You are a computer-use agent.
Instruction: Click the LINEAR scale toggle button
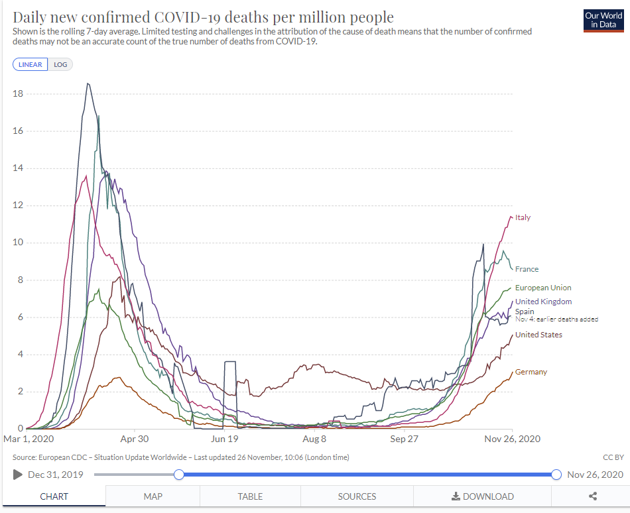tap(30, 64)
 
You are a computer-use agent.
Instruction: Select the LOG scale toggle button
tap(60, 64)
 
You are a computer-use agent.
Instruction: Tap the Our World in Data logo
tap(603, 20)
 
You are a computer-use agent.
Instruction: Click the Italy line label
tap(523, 217)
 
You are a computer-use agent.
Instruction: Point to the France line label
tap(527, 269)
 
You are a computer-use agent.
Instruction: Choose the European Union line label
tap(542, 288)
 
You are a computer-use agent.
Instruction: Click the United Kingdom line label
tap(543, 302)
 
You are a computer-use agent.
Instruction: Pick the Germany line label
tap(531, 372)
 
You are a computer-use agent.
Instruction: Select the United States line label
tap(538, 335)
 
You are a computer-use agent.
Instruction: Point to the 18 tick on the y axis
tap(18, 94)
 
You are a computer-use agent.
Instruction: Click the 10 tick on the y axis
tap(18, 243)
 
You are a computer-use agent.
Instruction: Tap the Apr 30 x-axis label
tap(134, 439)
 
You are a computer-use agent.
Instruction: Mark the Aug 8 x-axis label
tap(314, 439)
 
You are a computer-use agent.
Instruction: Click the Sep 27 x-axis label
tap(403, 439)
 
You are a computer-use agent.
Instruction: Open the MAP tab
tap(153, 496)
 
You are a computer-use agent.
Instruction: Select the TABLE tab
tap(250, 496)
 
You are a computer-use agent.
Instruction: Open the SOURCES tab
tap(357, 496)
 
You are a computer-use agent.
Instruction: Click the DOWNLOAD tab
tap(483, 496)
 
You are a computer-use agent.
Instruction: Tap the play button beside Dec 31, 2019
tap(18, 475)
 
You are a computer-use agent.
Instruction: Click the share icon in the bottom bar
tap(593, 496)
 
